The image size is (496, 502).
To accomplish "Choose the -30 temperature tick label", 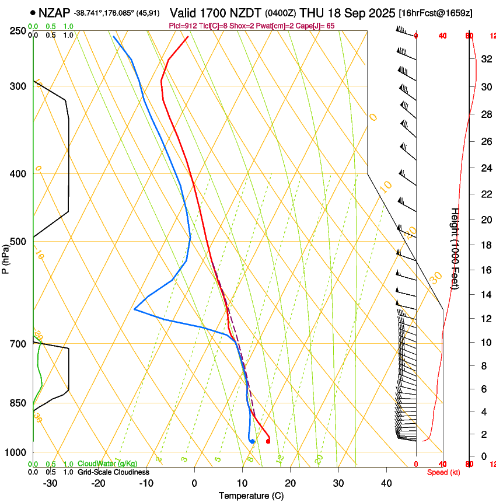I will pos(50,483).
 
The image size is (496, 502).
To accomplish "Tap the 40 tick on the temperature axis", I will pos(386,483).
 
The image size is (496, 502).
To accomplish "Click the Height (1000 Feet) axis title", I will pos(455,248).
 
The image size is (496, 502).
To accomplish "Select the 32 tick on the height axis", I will pos(485,59).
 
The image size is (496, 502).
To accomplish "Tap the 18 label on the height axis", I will pos(485,245).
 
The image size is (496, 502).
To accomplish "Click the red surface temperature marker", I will pos(268,441).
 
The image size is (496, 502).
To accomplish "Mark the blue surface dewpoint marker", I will pos(252,441).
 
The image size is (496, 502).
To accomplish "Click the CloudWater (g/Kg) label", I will pos(107,463).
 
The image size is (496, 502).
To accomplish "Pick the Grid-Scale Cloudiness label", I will pos(113,472).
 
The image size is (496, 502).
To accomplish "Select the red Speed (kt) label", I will pos(443,472).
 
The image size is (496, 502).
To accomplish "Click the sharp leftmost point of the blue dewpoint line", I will pos(134,309).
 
